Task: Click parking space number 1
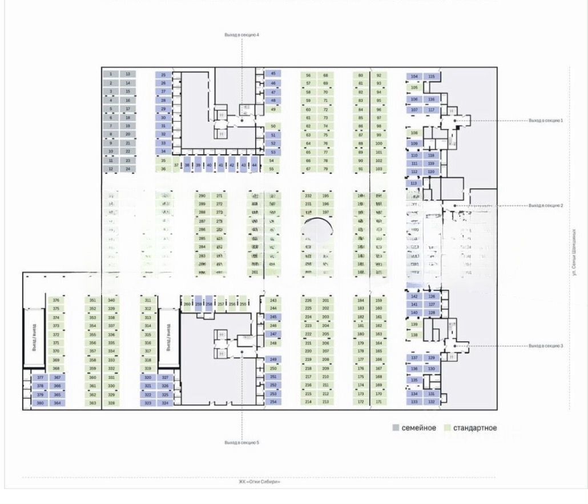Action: pos(111,74)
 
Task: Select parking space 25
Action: pos(163,75)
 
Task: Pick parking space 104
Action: pos(414,77)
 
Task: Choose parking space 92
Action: pos(378,75)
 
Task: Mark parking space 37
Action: pos(176,165)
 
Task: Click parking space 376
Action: pos(56,300)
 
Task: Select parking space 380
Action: pos(40,403)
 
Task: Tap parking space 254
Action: pos(273,402)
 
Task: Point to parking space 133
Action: pos(414,402)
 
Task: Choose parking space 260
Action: pos(187,304)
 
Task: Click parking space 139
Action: pos(414,324)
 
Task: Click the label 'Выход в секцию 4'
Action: pos(241,35)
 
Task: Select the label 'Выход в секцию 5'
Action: pos(241,443)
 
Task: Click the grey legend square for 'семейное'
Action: pos(396,428)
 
